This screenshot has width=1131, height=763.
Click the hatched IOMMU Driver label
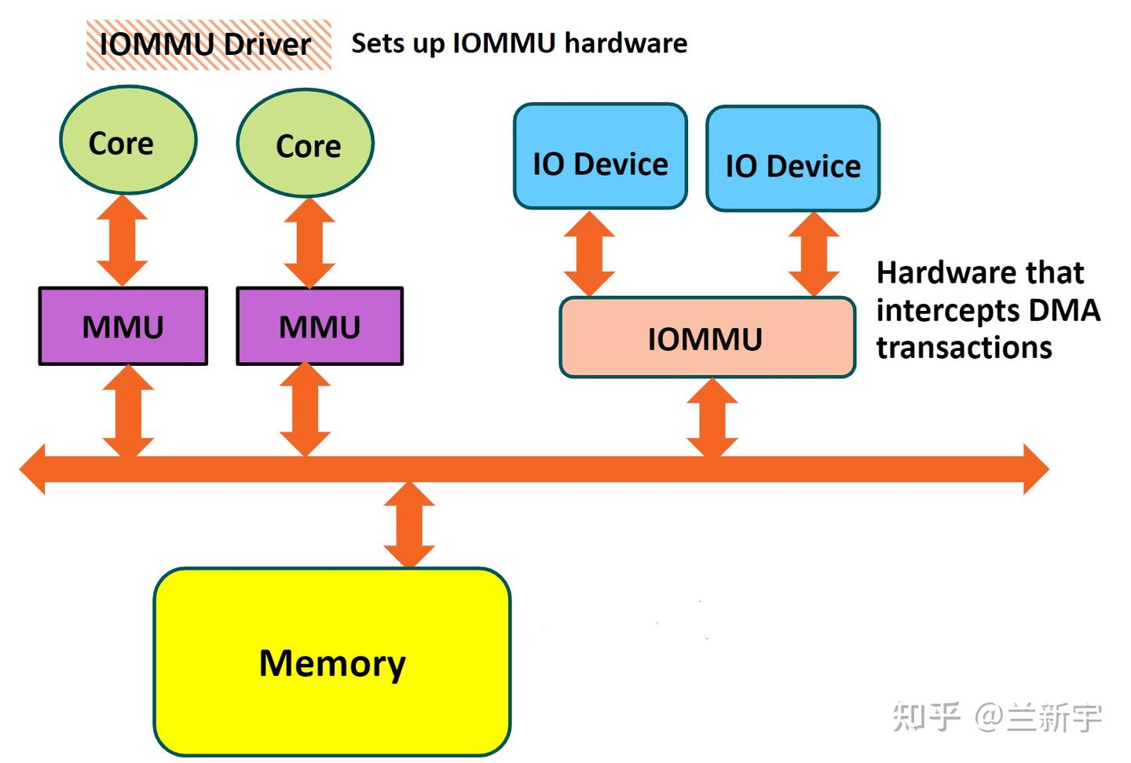(208, 45)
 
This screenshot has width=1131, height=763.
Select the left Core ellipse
(128, 141)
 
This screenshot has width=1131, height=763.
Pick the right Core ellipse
(306, 144)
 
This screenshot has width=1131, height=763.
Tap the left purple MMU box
(123, 326)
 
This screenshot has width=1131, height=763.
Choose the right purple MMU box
(320, 326)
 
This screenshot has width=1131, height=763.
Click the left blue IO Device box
(600, 157)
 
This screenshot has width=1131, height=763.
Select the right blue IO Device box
(792, 159)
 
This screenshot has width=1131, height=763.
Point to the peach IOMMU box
(707, 338)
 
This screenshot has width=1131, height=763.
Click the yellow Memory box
(332, 662)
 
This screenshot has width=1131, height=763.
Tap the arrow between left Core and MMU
(123, 240)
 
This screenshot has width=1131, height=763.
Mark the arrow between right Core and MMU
(309, 243)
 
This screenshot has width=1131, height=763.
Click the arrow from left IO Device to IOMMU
(589, 254)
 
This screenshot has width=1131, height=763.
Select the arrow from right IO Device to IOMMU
(814, 254)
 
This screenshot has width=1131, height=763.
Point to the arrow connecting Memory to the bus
(409, 524)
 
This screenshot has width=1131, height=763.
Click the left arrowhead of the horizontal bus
(33, 469)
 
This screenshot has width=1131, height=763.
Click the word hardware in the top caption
(625, 43)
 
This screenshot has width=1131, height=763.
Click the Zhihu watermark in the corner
(997, 717)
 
